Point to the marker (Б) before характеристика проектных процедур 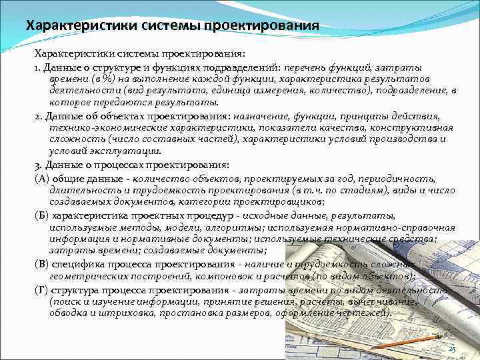point(41,216)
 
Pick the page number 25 point(452,349)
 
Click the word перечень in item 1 point(306,67)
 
